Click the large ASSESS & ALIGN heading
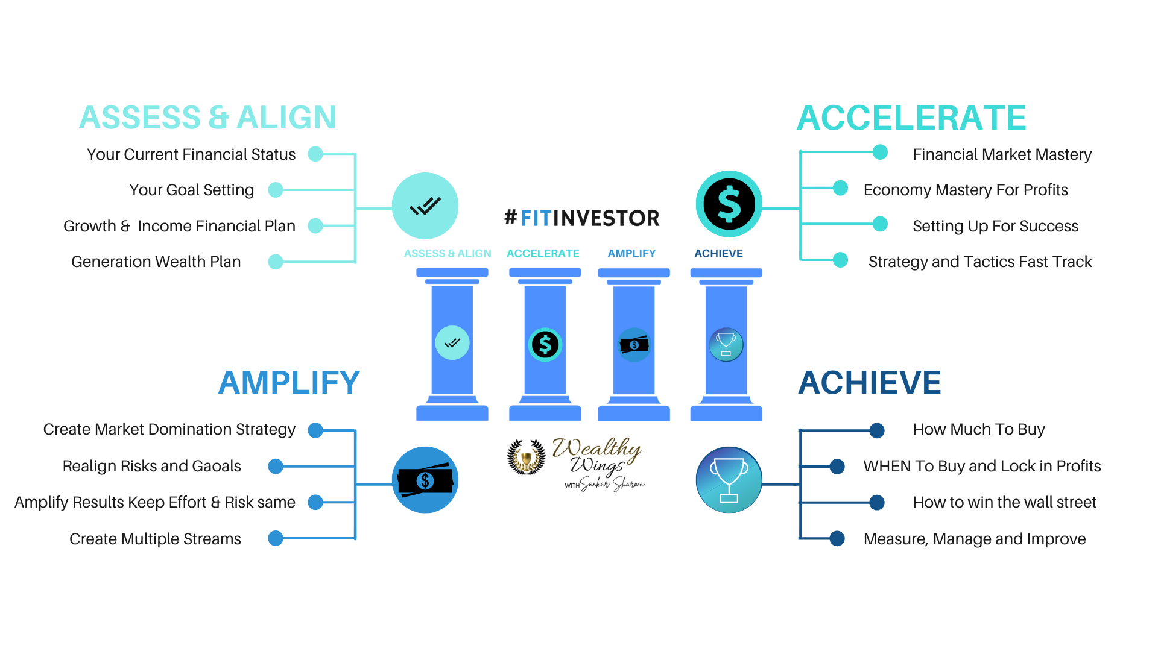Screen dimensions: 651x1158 pyautogui.click(x=207, y=118)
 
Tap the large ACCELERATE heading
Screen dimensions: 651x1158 pyautogui.click(x=911, y=118)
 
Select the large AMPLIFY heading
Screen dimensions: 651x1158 pyautogui.click(x=289, y=383)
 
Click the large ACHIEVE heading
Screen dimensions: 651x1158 pyautogui.click(x=869, y=383)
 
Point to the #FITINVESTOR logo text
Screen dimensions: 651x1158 pyautogui.click(x=582, y=218)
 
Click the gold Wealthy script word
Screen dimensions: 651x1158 pyautogui.click(x=596, y=449)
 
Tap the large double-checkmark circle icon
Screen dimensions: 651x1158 pyautogui.click(x=425, y=206)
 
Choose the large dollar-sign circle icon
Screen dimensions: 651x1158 pyautogui.click(x=729, y=204)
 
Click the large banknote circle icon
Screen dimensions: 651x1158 pyautogui.click(x=425, y=480)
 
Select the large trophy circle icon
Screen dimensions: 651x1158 pyautogui.click(x=729, y=480)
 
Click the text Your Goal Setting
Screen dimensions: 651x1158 pyautogui.click(x=192, y=190)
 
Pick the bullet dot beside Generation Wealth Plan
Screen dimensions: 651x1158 pyautogui.click(x=276, y=262)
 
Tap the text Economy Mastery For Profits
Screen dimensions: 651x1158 pyautogui.click(x=966, y=190)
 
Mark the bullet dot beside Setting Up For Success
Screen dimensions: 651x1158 pyautogui.click(x=880, y=224)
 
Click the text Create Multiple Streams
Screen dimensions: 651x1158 pyautogui.click(x=155, y=539)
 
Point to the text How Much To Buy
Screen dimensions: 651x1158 pyautogui.click(x=978, y=429)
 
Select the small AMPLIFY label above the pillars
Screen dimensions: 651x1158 pyautogui.click(x=631, y=254)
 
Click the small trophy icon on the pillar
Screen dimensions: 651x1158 pyautogui.click(x=726, y=344)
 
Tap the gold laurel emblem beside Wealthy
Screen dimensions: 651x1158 pyautogui.click(x=526, y=460)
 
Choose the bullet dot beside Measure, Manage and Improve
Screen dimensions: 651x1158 pyautogui.click(x=837, y=538)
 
